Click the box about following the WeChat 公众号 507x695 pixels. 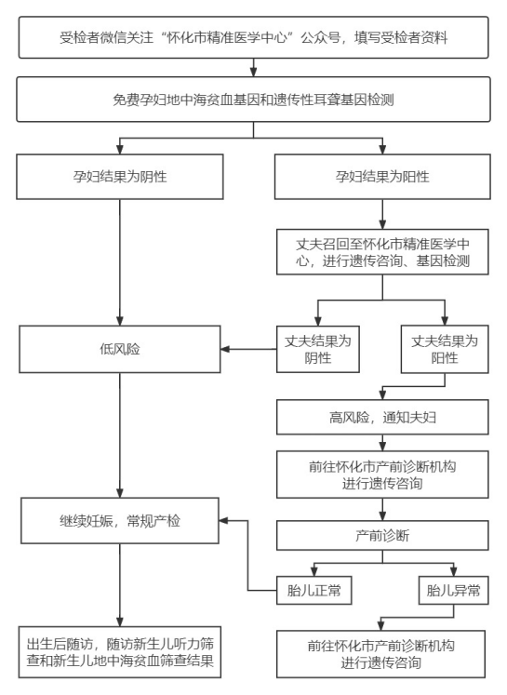[253, 37]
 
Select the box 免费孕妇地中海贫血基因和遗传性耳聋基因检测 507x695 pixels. [253, 100]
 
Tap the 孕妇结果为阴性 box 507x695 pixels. [120, 177]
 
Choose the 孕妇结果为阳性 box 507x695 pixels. [382, 177]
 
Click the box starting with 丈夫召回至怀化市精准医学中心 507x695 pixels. [382, 252]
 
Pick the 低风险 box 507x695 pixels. [120, 349]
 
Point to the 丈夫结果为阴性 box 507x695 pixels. [318, 349]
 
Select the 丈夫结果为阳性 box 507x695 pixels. [445, 349]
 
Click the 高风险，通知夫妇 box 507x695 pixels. [382, 417]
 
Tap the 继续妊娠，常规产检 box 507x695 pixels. [120, 520]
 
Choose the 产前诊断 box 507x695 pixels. [382, 535]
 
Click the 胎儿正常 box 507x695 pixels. [314, 591]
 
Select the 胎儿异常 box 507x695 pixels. [453, 591]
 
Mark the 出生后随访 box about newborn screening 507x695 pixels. [120, 652]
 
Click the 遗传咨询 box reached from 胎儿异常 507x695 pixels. [380, 654]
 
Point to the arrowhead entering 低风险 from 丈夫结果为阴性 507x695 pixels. [225, 349]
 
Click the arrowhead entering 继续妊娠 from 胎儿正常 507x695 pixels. [223, 520]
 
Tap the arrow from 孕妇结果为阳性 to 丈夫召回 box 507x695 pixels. [382, 214]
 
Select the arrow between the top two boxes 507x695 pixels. [253, 68]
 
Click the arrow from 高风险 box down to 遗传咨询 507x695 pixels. [382, 443]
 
